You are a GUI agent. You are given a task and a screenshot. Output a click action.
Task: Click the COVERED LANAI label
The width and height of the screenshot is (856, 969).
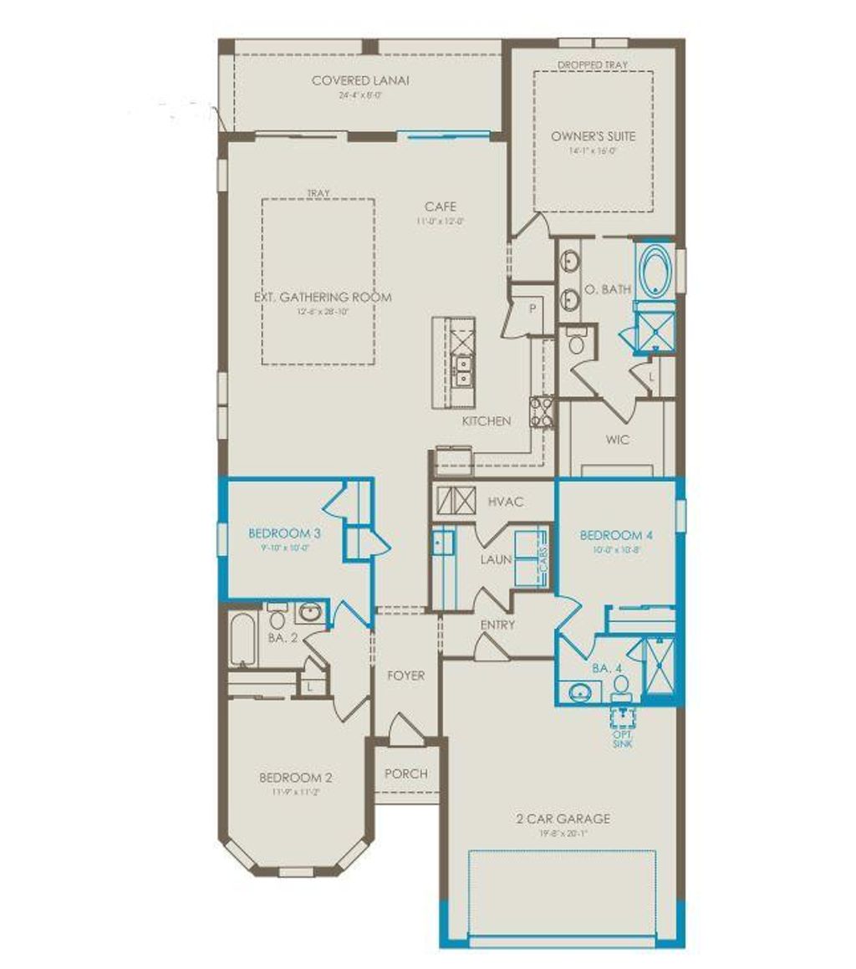364,81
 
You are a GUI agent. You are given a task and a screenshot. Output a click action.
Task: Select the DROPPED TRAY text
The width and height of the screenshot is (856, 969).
593,64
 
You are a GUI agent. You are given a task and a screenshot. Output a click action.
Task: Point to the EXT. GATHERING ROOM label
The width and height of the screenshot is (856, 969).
323,297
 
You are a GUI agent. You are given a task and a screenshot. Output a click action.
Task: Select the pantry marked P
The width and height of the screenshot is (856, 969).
531,307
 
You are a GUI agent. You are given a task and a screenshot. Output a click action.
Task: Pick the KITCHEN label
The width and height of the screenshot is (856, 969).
486,421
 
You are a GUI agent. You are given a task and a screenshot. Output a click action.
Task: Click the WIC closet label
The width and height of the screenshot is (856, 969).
618,439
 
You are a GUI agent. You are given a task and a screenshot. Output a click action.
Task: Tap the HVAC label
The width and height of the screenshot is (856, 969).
505,502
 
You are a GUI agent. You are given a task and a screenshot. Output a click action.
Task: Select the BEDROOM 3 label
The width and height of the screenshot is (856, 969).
273,533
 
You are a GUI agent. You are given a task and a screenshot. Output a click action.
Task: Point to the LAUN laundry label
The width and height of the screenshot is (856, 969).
496,559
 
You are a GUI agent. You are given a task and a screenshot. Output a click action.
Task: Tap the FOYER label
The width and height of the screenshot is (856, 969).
405,675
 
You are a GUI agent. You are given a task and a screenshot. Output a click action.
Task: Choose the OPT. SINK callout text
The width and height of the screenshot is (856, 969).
622,738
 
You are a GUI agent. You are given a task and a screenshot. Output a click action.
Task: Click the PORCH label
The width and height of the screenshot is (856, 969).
405,773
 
